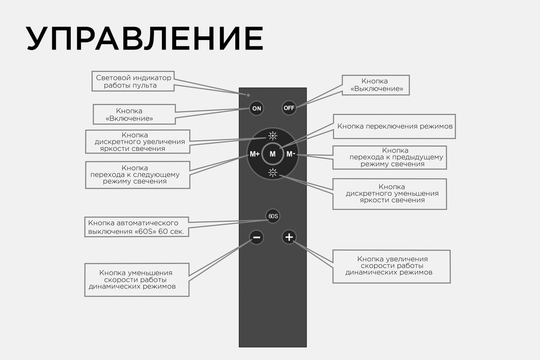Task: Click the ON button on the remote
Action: (x=256, y=108)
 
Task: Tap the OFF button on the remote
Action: (x=289, y=108)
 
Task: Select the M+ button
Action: (x=255, y=154)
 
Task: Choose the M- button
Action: (x=291, y=154)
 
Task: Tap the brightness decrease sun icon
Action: (x=273, y=172)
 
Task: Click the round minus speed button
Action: (x=256, y=237)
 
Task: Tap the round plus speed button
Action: (x=289, y=237)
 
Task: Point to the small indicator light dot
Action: (x=248, y=95)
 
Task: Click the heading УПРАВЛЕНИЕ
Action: (x=144, y=39)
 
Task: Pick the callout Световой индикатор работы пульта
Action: (x=134, y=81)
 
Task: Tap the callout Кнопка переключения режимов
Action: (x=395, y=126)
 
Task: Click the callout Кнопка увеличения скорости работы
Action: (x=391, y=266)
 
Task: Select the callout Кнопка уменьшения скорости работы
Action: (x=136, y=279)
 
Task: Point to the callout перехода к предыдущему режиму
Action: (x=390, y=157)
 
